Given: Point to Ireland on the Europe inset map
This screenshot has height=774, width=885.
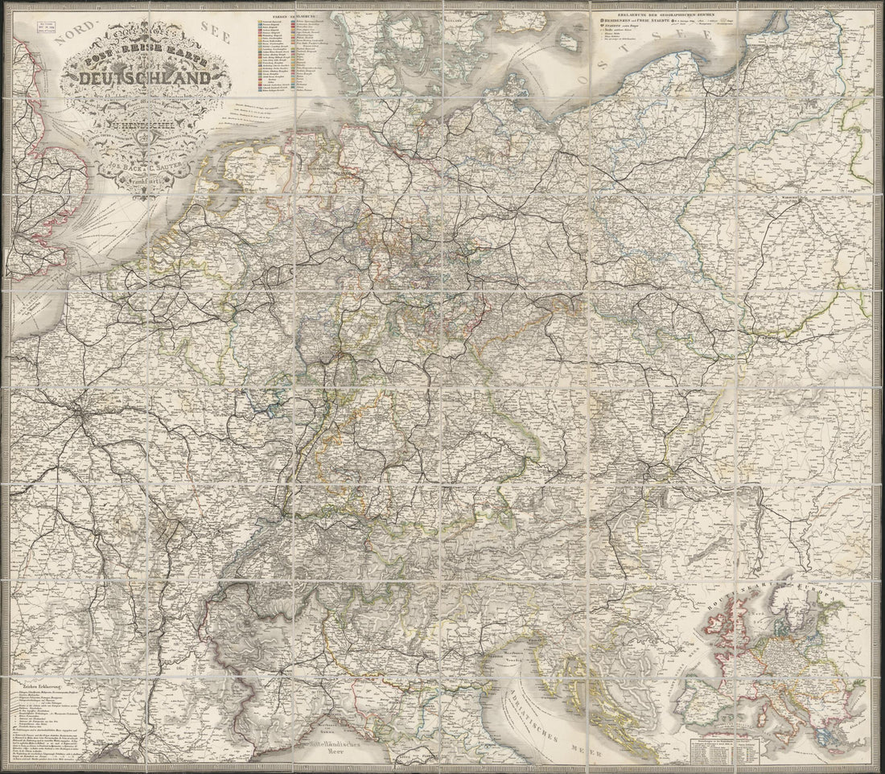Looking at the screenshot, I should click(710, 627).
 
